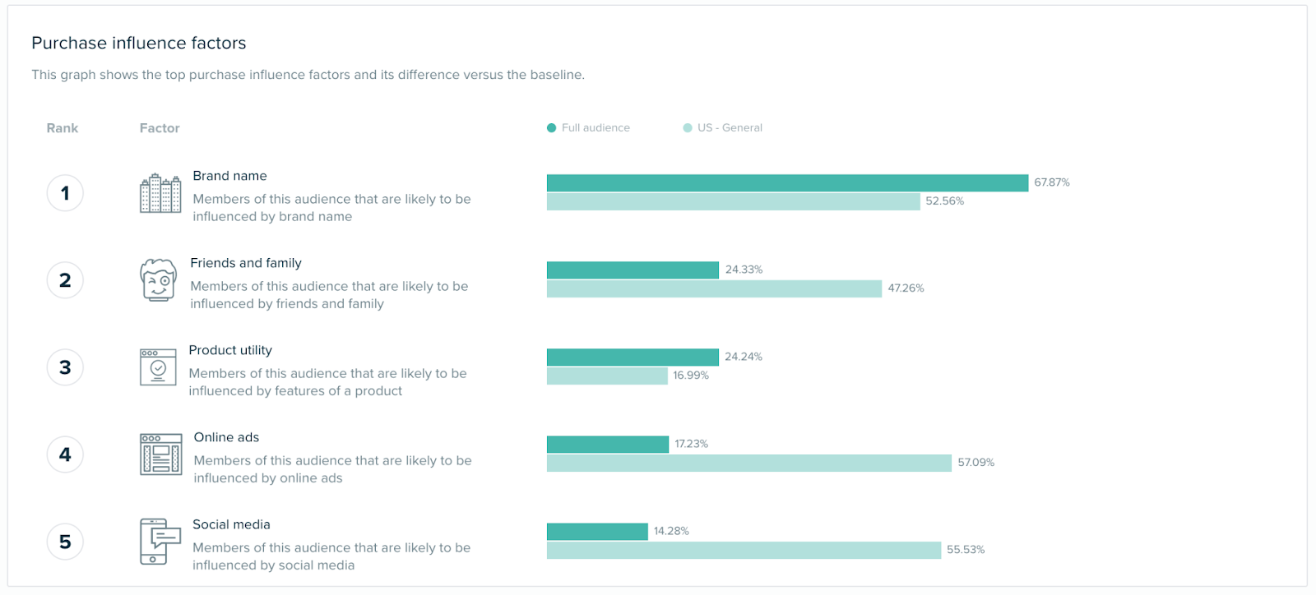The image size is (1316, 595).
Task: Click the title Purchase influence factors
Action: [x=139, y=44]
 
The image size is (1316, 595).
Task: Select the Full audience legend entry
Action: [x=588, y=128]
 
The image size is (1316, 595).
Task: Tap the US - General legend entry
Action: [x=723, y=128]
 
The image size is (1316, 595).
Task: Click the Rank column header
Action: [x=63, y=128]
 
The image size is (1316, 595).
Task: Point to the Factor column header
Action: [x=160, y=128]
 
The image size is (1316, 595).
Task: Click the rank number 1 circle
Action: [x=65, y=193]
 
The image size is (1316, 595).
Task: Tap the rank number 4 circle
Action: [x=65, y=454]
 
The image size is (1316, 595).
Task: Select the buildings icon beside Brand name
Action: [x=160, y=194]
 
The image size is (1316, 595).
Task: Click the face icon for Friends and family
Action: [x=158, y=280]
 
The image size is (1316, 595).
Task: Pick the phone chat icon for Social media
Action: [x=160, y=542]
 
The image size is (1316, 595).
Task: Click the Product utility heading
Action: [x=230, y=350]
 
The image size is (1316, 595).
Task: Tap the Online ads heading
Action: [x=226, y=437]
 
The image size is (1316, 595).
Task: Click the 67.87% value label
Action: [x=1052, y=182]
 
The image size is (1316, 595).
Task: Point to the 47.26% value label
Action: [x=906, y=288]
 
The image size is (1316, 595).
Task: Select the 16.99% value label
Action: [x=691, y=376]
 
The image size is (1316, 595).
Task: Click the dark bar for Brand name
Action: [x=787, y=183]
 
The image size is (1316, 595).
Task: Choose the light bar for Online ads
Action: [x=748, y=464]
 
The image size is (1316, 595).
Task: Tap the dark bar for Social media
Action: [x=597, y=532]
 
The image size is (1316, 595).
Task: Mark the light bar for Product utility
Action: [x=607, y=376]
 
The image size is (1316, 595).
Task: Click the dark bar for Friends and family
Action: [x=633, y=270]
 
